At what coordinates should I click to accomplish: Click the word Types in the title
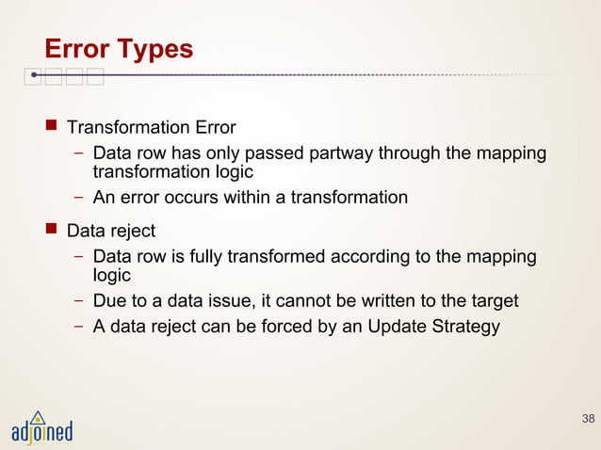click(154, 49)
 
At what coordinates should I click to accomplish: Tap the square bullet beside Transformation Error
click(53, 127)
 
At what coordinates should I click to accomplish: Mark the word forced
click(287, 327)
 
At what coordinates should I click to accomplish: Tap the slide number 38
click(588, 418)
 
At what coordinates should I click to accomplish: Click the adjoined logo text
click(41, 433)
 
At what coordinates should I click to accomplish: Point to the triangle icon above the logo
click(37, 415)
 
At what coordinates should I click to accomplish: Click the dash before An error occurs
click(81, 199)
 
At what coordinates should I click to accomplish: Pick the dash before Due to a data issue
click(81, 302)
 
